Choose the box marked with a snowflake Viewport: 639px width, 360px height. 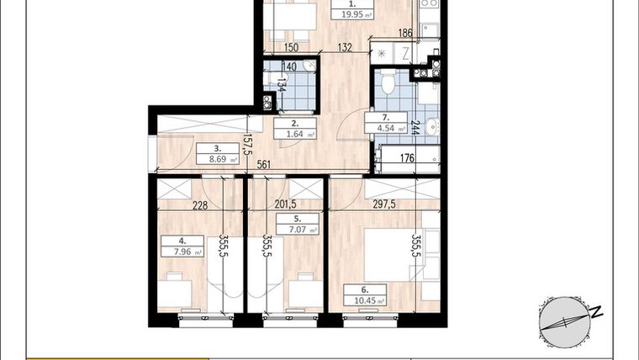click(382, 53)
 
